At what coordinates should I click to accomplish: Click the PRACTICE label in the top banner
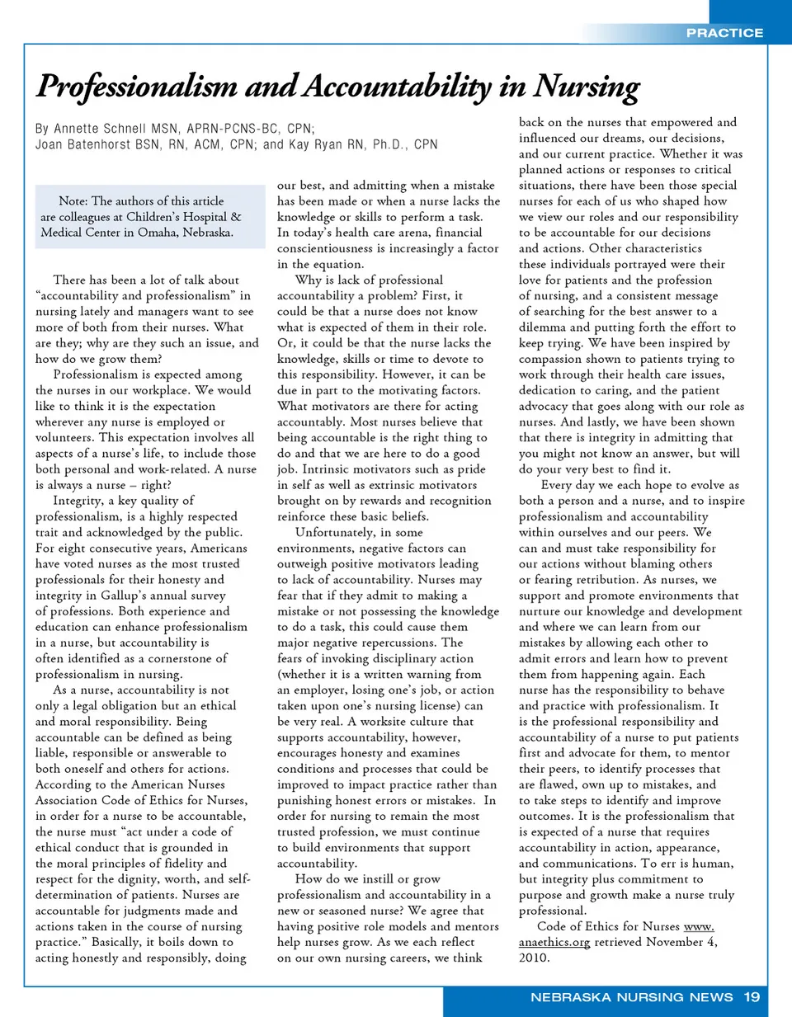pyautogui.click(x=724, y=33)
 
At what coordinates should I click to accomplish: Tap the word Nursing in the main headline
pyautogui.click(x=587, y=87)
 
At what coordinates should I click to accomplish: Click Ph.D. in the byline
pyautogui.click(x=390, y=144)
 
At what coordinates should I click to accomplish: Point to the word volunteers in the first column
pyautogui.click(x=64, y=438)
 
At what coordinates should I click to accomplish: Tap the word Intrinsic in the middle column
pyautogui.click(x=337, y=469)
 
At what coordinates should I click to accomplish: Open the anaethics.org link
pyautogui.click(x=554, y=942)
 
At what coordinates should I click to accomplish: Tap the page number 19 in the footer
pyautogui.click(x=752, y=997)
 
